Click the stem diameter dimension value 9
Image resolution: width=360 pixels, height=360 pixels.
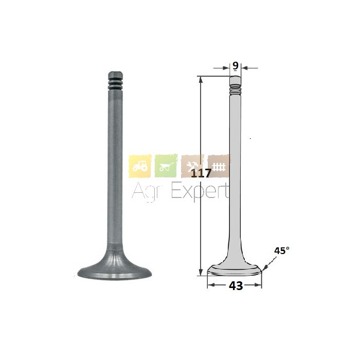pyautogui.click(x=236, y=66)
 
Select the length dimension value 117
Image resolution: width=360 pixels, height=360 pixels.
pyautogui.click(x=201, y=173)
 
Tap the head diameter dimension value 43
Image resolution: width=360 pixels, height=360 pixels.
pyautogui.click(x=236, y=286)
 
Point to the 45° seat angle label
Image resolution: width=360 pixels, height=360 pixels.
pyautogui.click(x=282, y=251)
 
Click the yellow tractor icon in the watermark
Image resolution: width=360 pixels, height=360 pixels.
pyautogui.click(x=140, y=166)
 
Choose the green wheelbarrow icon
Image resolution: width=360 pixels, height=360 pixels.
pyautogui.click(x=166, y=166)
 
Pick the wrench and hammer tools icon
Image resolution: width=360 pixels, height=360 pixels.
pyautogui.click(x=192, y=166)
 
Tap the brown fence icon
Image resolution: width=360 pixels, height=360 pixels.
pyautogui.click(x=219, y=166)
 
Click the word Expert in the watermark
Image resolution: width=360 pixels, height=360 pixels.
pyautogui.click(x=200, y=191)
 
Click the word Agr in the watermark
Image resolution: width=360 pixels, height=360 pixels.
pyautogui.click(x=144, y=191)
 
